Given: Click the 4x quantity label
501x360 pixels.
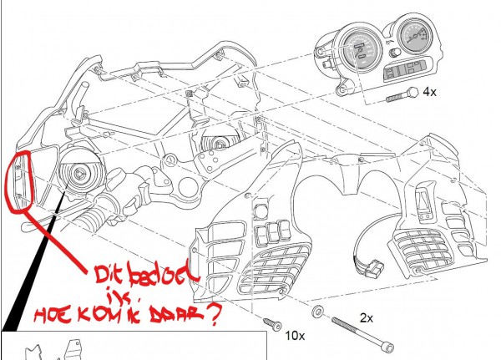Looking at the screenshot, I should (430, 92).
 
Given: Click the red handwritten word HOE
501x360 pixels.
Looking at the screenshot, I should (61, 316).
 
